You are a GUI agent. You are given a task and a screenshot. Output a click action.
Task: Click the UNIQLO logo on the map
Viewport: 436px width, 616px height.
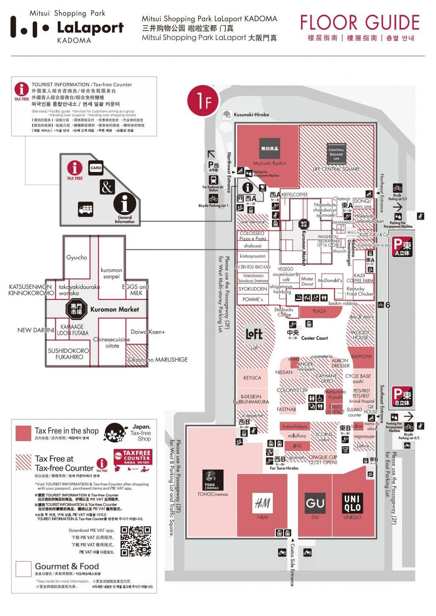point(352,502)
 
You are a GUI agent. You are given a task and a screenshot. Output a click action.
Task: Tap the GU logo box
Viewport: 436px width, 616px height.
point(315,502)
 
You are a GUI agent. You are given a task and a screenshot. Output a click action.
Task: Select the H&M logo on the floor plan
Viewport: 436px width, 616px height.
point(262,503)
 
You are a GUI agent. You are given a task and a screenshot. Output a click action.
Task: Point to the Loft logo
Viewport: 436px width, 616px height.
point(254,334)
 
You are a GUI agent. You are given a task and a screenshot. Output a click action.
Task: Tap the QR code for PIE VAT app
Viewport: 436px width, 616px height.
point(136,541)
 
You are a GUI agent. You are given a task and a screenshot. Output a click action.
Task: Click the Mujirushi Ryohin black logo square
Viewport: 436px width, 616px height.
point(270,148)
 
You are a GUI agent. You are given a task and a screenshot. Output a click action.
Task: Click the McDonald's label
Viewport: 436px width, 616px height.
point(330,280)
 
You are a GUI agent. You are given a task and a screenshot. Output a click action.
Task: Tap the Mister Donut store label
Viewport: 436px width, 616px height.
point(307,281)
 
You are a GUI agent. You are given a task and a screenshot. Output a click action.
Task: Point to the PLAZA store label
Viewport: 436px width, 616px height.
point(319,311)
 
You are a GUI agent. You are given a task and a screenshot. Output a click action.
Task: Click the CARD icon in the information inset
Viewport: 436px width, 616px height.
point(96,168)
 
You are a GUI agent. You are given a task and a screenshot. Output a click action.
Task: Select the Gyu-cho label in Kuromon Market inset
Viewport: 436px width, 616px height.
point(77,257)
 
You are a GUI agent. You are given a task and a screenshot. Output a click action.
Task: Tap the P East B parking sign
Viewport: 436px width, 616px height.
point(402,396)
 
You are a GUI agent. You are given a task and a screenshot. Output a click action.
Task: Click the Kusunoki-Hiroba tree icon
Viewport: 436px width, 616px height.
point(227,114)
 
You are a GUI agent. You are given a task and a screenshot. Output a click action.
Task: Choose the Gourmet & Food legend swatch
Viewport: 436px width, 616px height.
point(23,569)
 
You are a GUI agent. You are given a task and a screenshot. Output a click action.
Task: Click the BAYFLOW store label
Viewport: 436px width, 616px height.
point(361,356)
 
